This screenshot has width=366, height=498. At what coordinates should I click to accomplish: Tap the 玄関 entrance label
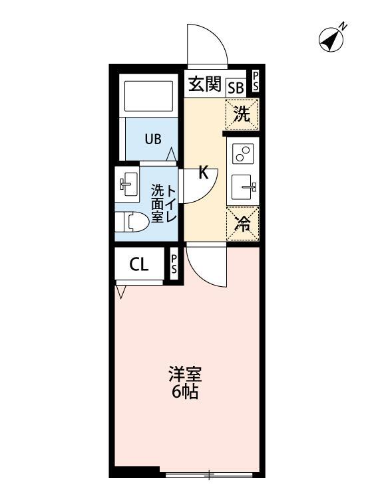(204, 84)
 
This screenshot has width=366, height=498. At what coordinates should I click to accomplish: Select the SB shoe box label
(236, 87)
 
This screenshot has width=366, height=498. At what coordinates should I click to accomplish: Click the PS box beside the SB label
(256, 82)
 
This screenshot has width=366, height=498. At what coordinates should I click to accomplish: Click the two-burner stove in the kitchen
(242, 155)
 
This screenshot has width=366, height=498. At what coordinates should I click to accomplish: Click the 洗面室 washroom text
(157, 203)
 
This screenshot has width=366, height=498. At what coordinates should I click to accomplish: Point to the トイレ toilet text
(171, 203)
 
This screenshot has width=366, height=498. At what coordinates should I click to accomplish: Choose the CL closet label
(138, 265)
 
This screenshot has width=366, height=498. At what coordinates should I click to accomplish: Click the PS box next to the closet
(174, 264)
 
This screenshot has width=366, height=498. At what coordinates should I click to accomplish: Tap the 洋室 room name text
(184, 374)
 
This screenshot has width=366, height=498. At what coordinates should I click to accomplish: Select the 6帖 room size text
(184, 392)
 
